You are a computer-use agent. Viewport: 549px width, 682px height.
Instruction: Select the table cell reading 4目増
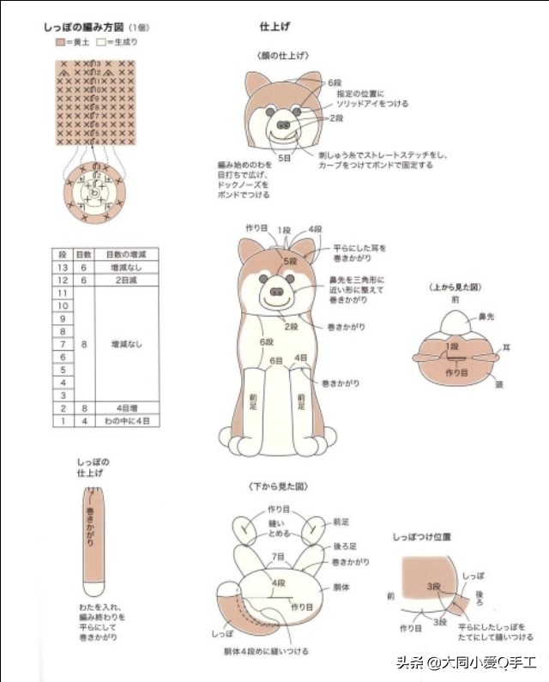(126, 408)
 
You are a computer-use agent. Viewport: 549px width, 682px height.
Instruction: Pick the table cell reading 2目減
(126, 280)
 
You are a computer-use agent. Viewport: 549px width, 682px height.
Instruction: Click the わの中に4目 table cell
(126, 421)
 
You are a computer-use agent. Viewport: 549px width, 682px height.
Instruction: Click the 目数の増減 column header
(126, 254)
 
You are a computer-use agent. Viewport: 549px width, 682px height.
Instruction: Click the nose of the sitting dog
(277, 292)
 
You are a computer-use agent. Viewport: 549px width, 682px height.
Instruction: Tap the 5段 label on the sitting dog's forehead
(290, 259)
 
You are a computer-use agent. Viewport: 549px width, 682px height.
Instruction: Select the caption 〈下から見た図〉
(277, 486)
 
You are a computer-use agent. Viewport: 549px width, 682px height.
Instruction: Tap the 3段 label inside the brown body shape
(435, 585)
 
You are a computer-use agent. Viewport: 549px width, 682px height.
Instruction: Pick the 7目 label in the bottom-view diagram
(278, 558)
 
